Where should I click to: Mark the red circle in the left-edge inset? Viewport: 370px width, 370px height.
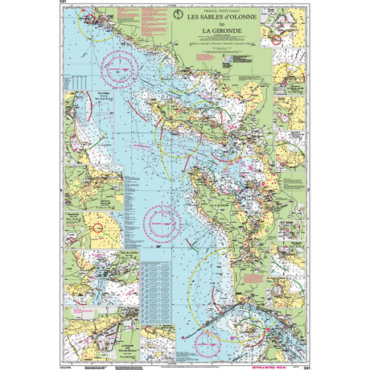[98, 228]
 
